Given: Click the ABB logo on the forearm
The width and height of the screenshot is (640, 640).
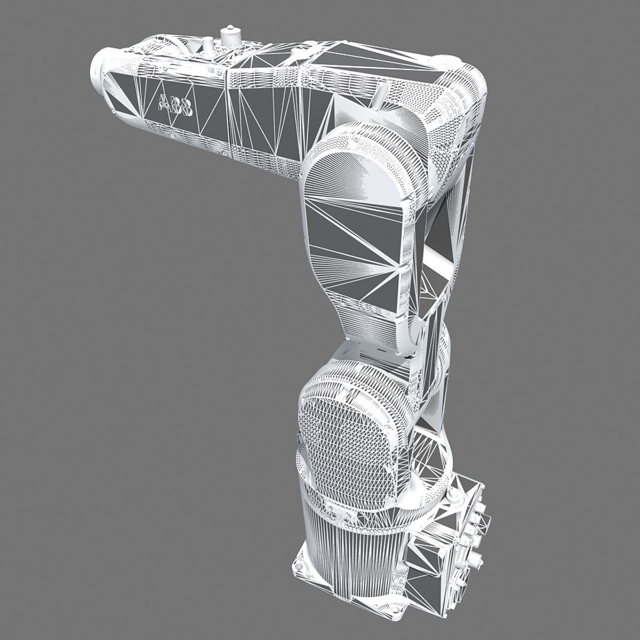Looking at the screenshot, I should click(x=175, y=105).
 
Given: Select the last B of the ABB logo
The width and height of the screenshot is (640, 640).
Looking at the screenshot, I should click(x=186, y=108).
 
